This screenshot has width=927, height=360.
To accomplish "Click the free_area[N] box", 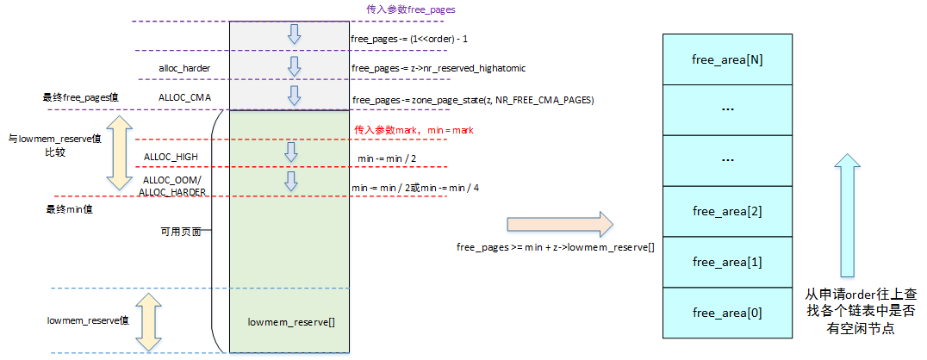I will pyautogui.click(x=726, y=59).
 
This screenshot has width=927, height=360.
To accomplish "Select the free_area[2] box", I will pyautogui.click(x=726, y=211).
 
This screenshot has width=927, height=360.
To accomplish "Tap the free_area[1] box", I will pyautogui.click(x=726, y=262).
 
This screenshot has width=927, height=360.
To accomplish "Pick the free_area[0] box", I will pyautogui.click(x=726, y=312).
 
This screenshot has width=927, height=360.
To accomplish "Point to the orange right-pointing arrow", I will pyautogui.click(x=559, y=224).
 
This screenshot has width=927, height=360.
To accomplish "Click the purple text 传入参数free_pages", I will pyautogui.click(x=410, y=10).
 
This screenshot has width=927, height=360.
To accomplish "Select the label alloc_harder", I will pyautogui.click(x=184, y=67).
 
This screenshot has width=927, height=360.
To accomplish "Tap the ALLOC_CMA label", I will pyautogui.click(x=184, y=97).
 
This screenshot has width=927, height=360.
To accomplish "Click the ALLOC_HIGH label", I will pyautogui.click(x=171, y=155).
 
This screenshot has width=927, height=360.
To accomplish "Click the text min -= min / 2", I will pyautogui.click(x=387, y=159).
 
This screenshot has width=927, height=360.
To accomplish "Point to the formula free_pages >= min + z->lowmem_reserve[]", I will pyautogui.click(x=555, y=247).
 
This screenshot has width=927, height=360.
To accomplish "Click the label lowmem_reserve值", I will pyautogui.click(x=77, y=320).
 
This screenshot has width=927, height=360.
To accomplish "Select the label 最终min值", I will pyautogui.click(x=68, y=209).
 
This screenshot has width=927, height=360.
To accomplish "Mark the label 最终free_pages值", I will pyautogui.click(x=80, y=97).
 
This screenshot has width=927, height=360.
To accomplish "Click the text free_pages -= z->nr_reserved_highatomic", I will pyautogui.click(x=439, y=68).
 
